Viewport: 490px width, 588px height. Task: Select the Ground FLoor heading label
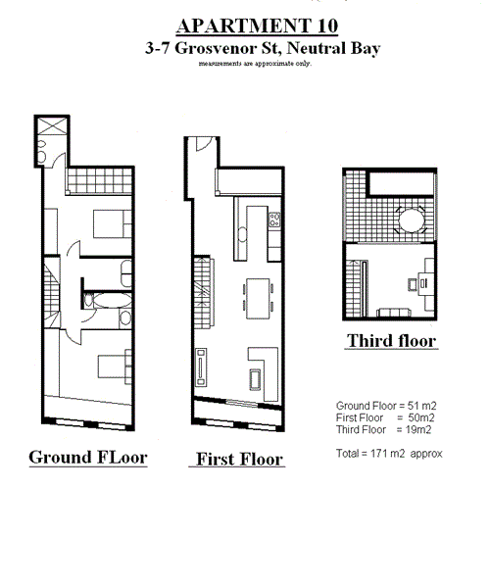click(87, 457)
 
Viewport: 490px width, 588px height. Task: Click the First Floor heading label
click(239, 459)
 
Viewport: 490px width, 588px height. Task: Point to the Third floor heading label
click(391, 341)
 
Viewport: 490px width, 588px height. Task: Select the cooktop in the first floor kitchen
click(275, 220)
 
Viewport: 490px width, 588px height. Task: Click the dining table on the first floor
click(259, 291)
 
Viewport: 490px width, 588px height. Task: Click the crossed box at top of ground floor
click(52, 130)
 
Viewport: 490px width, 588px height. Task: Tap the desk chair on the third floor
click(412, 283)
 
